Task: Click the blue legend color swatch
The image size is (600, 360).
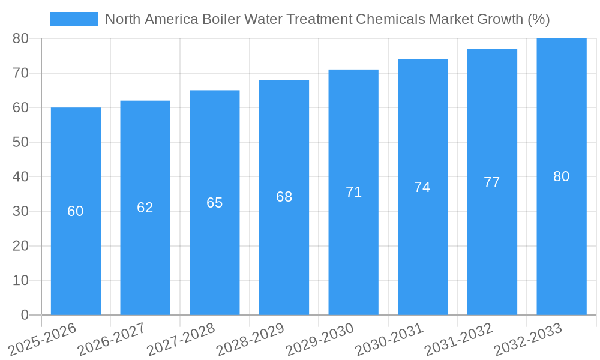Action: tap(73, 19)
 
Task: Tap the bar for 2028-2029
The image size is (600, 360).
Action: tap(284, 252)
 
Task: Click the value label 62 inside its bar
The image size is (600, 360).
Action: tap(145, 208)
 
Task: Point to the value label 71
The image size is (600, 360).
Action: tap(353, 192)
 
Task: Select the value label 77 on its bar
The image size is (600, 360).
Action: tap(492, 182)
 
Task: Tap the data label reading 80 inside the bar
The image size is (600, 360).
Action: tap(561, 176)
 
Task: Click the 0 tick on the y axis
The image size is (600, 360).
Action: tap(25, 315)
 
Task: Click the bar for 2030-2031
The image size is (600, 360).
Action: tap(422, 252)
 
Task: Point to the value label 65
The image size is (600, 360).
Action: tap(215, 203)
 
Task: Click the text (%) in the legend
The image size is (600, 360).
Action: tap(538, 19)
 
